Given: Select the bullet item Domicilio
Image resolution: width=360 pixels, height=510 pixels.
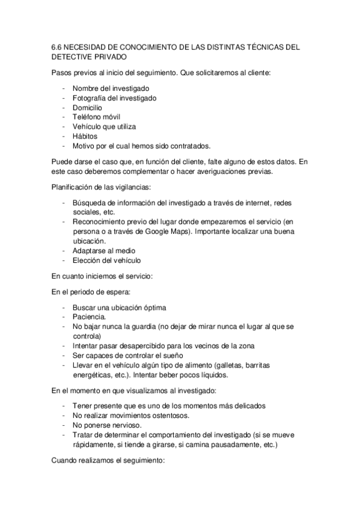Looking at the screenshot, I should (x=88, y=107).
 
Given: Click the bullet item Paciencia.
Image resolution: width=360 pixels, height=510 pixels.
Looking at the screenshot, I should (x=90, y=316).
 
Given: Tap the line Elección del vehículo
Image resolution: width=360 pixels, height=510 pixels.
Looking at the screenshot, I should (x=106, y=260).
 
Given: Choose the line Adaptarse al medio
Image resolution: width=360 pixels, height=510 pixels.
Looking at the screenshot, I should (x=103, y=251).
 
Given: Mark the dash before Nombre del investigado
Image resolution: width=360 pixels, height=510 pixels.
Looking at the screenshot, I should (x=64, y=88).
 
